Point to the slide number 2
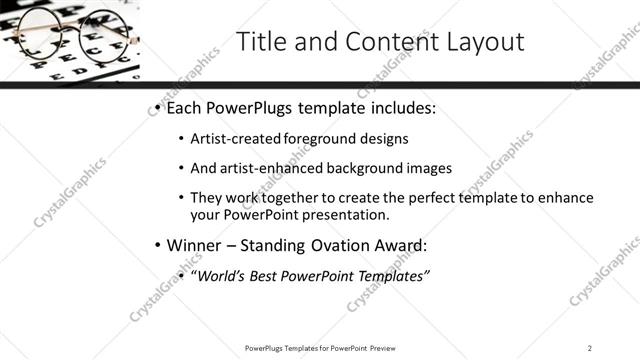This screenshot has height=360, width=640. pos(590,347)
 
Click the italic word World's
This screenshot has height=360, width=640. pos(220,276)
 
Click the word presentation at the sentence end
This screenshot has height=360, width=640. pos(351,215)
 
